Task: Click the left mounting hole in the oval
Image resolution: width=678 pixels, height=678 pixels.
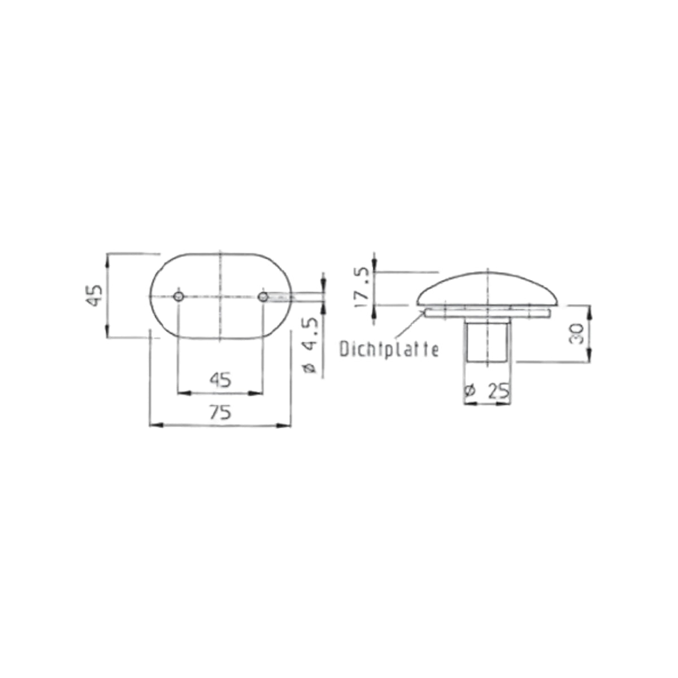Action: click(179, 297)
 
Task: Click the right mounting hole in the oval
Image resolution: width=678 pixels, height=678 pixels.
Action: click(263, 297)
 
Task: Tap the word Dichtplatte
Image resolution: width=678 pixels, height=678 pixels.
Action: click(389, 349)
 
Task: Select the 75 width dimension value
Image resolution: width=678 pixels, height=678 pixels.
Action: click(220, 412)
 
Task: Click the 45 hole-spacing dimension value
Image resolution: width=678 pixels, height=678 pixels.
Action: click(220, 380)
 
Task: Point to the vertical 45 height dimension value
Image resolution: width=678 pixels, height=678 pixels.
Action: click(94, 295)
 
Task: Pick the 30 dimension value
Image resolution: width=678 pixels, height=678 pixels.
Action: click(576, 333)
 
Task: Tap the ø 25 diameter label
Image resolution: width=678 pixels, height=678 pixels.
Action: click(487, 390)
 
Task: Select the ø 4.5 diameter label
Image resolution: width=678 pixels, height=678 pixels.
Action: click(310, 345)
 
